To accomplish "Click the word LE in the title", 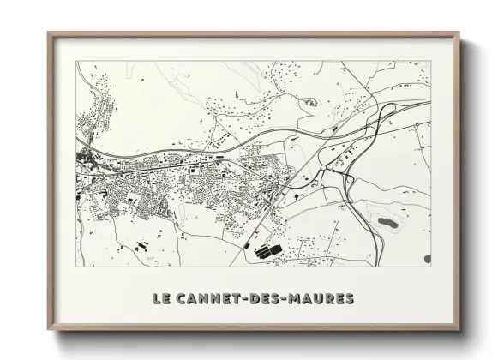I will (161, 299).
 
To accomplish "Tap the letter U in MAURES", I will (322, 299).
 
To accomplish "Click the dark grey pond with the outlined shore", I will (387, 221).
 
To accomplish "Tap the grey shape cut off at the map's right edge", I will (428, 258).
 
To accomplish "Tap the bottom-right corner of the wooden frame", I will (459, 331).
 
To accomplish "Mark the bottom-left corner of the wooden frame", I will (49, 331).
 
